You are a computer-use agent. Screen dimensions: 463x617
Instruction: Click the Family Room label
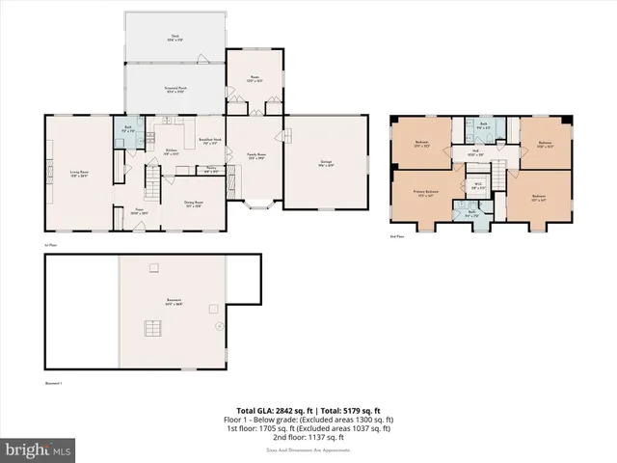point(255,155)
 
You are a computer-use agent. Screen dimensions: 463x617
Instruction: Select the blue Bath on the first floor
point(128,133)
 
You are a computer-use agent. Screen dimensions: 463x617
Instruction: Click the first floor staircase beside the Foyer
point(151,178)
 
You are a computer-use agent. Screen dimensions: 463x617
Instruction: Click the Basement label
point(174,305)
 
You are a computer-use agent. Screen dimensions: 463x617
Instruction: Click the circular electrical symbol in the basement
point(219,326)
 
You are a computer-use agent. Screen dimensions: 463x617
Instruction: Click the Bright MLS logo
point(38,449)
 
